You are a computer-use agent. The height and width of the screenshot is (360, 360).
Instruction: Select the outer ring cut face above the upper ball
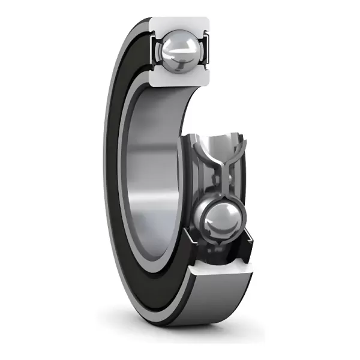point(180,25)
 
